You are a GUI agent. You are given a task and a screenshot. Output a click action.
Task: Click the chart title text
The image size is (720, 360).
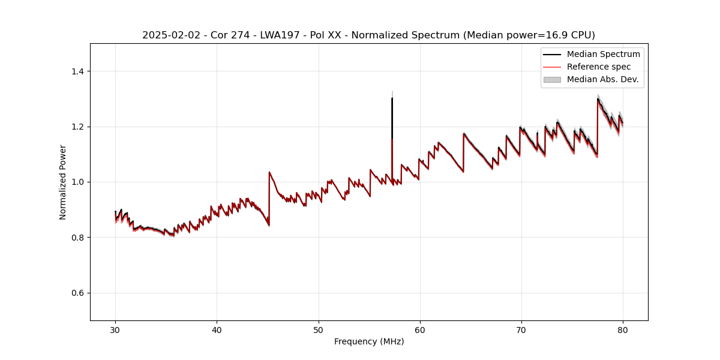coord(368,35)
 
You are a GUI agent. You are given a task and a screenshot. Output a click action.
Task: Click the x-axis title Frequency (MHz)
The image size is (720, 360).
coord(369,341)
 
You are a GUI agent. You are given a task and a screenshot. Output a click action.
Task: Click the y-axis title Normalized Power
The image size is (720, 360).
coord(62,182)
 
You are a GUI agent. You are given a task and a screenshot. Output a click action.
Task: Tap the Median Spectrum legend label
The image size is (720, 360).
coord(603,54)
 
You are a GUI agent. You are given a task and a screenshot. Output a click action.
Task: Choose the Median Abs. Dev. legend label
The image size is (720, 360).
coord(602,79)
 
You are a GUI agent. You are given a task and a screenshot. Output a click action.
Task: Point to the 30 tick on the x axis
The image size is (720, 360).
coord(115,329)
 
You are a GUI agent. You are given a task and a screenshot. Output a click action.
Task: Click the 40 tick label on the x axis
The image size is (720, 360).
coord(217,329)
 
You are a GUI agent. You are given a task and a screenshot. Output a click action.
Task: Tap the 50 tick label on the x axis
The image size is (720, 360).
coord(318,329)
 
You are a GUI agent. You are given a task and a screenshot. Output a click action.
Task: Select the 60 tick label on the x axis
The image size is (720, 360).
coord(419,329)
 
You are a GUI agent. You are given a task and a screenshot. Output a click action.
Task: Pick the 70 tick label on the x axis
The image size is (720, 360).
coord(521,329)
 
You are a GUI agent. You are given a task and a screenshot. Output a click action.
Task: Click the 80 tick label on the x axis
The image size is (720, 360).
coord(622,329)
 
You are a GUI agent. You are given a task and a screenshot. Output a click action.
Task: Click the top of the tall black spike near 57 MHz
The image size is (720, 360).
coord(392,98)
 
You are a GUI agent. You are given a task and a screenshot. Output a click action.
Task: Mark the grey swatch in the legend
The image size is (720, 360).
coord(552,79)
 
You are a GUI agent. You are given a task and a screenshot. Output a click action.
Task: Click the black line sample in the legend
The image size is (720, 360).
coord(552,54)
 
